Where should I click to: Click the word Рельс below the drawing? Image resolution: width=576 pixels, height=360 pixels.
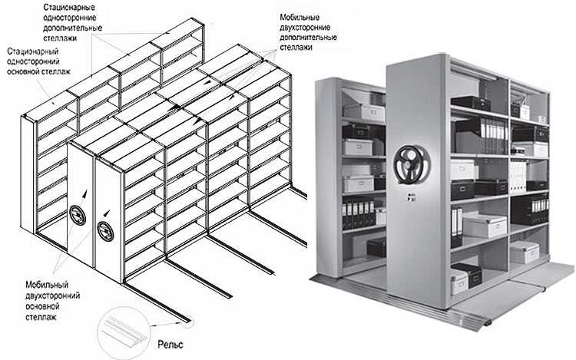(x=170, y=344)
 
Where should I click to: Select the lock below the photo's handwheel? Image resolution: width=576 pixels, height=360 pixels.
(x=409, y=197)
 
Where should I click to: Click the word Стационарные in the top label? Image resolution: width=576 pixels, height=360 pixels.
(x=69, y=8)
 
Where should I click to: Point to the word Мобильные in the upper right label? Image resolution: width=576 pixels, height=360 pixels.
(x=300, y=17)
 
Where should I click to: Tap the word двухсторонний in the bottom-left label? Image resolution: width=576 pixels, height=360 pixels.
(x=53, y=296)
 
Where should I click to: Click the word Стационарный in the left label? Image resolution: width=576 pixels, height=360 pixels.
(x=33, y=51)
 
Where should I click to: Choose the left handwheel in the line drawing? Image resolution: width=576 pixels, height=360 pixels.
(x=78, y=216)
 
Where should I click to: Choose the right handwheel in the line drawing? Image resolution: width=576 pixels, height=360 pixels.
(x=105, y=231)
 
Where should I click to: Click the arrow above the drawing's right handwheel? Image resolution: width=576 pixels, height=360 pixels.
(x=107, y=214)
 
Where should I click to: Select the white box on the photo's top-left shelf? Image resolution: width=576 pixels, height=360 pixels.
(x=364, y=112)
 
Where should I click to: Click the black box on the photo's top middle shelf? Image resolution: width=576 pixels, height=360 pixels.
(x=470, y=102)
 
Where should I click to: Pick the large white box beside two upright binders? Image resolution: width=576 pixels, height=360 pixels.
(x=484, y=225)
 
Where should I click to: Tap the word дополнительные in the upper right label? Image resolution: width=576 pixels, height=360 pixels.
(x=308, y=38)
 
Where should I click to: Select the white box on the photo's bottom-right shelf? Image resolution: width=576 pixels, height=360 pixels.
(x=525, y=253)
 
